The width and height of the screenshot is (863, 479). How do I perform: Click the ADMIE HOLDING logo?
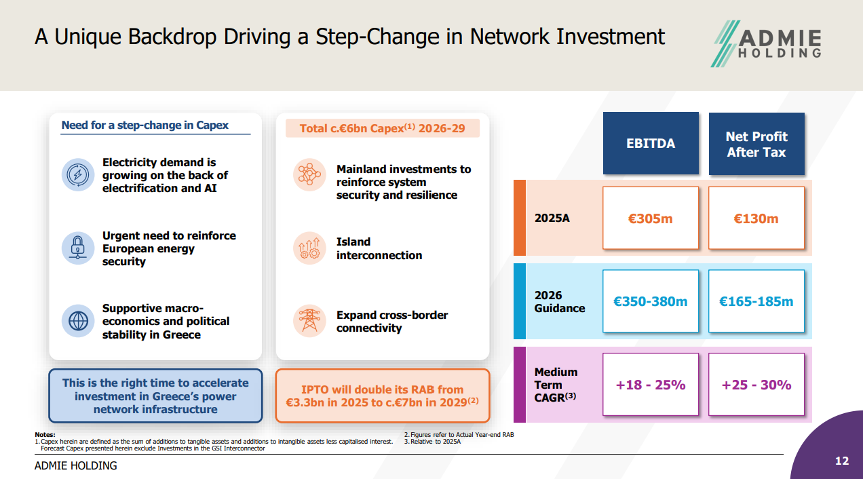[x=766, y=43]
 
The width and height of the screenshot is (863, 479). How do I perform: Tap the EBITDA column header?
[x=651, y=143]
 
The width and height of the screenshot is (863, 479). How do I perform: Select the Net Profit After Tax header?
[x=756, y=144]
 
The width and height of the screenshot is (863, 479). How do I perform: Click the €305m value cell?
[x=651, y=218]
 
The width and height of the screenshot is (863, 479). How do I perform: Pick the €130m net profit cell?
[x=756, y=218]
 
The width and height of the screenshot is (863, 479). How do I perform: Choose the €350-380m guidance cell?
[x=651, y=301]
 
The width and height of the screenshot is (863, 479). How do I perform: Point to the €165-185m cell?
[x=756, y=301]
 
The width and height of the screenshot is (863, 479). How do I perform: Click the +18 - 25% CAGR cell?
[x=651, y=384]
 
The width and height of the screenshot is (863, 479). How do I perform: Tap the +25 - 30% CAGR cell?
[x=756, y=384]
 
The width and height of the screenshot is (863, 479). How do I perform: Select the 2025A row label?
[x=552, y=218]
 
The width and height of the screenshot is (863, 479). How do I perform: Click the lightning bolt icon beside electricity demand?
[x=78, y=174]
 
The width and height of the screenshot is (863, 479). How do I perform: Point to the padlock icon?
[x=78, y=248]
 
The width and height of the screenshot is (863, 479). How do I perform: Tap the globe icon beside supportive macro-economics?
[x=78, y=321]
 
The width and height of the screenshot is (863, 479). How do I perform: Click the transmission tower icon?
[x=309, y=321]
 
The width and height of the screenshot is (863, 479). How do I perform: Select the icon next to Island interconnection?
[x=309, y=248]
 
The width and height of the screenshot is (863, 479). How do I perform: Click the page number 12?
[x=842, y=461]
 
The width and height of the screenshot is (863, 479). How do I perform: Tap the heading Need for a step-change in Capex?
[x=145, y=126]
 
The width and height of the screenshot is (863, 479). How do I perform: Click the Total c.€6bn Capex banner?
[x=383, y=128]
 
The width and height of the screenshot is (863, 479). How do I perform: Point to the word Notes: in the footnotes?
[x=45, y=435]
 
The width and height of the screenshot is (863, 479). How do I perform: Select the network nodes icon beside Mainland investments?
[x=309, y=174]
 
